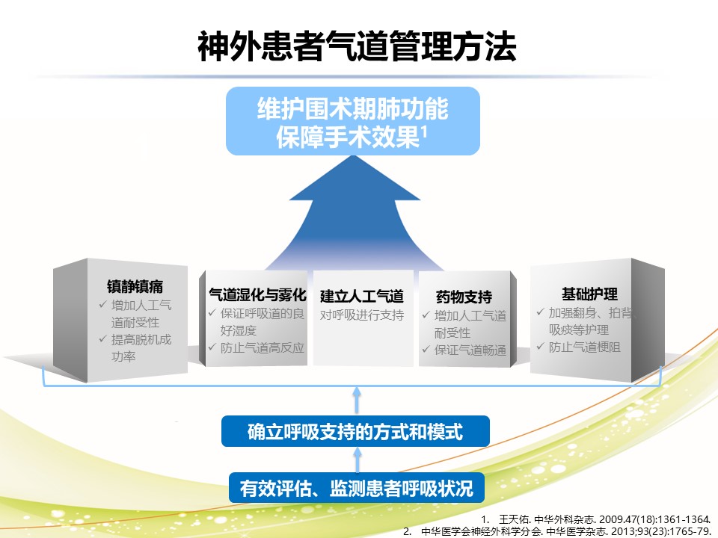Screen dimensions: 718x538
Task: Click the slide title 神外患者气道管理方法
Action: (358, 46)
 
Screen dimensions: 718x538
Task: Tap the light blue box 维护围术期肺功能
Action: (352, 121)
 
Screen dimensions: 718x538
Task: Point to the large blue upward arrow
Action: (355, 213)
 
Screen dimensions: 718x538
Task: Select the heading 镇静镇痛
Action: (135, 286)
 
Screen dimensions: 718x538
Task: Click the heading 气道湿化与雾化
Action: (257, 294)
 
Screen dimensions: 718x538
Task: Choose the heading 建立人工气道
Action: (362, 297)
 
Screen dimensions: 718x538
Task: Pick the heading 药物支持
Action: (464, 297)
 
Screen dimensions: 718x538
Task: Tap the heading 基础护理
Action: (590, 294)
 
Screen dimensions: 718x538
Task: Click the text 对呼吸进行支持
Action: (362, 315)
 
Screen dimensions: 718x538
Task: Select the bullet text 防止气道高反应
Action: (263, 348)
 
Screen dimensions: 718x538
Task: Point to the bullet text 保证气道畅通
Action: (470, 350)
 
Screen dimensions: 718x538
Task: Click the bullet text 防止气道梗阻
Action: (585, 347)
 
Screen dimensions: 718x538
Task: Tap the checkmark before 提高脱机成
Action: (102, 339)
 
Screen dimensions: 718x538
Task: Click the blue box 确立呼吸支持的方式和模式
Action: (355, 431)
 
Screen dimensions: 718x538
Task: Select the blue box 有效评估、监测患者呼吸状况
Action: (357, 488)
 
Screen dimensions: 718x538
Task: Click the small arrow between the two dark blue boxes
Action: (358, 460)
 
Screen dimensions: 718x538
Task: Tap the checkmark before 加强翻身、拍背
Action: (540, 312)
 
